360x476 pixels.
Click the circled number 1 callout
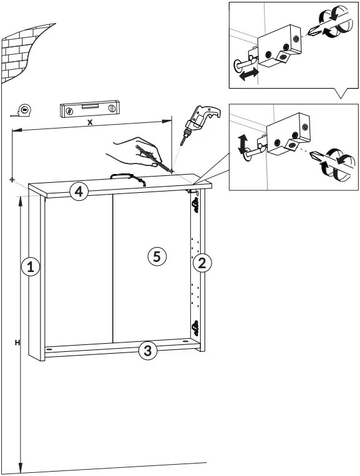pyautogui.click(x=31, y=266)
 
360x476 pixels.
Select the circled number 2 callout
pyautogui.click(x=201, y=263)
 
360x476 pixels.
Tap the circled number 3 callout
pyautogui.click(x=147, y=350)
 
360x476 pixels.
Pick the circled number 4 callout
pyautogui.click(x=77, y=191)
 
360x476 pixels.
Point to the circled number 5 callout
pyautogui.click(x=157, y=255)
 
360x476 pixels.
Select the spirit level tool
pyautogui.click(x=89, y=110)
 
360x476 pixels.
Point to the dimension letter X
pyautogui.click(x=90, y=123)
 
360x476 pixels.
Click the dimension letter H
pyautogui.click(x=17, y=342)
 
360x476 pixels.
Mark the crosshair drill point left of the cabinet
pyautogui.click(x=12, y=180)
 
